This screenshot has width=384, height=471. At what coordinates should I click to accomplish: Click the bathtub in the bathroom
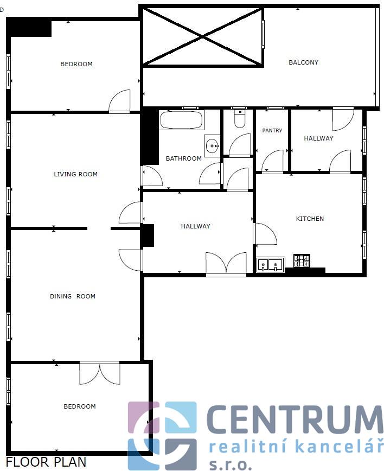point(182,120)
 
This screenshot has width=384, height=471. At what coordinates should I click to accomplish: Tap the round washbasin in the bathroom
point(212,145)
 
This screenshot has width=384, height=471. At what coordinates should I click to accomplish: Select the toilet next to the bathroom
point(239,119)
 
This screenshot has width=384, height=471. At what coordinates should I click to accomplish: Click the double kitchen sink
point(270,265)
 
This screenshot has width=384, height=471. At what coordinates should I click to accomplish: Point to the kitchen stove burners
point(302,260)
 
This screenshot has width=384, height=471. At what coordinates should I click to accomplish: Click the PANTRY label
point(272,130)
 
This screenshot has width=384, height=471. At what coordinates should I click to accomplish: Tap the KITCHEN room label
point(310,219)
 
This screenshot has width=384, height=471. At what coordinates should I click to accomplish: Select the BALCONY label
point(303,62)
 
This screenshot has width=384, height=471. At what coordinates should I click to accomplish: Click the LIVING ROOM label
point(75,174)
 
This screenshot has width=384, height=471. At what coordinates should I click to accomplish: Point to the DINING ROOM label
point(73,296)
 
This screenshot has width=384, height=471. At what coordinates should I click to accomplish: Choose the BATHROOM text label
point(184,158)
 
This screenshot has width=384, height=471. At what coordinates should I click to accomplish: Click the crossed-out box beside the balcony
point(203,36)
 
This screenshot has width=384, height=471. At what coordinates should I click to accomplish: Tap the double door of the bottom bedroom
point(100,373)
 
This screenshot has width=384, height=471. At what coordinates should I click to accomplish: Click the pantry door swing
point(272,162)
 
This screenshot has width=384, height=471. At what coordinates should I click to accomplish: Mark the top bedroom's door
point(119,101)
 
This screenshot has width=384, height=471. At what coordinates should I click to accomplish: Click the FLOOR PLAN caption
point(46,462)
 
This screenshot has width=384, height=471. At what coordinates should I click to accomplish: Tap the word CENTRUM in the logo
point(295,419)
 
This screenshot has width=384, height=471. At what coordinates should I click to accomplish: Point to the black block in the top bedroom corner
point(29,27)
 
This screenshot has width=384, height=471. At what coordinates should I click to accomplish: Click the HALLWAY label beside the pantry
point(318,138)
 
